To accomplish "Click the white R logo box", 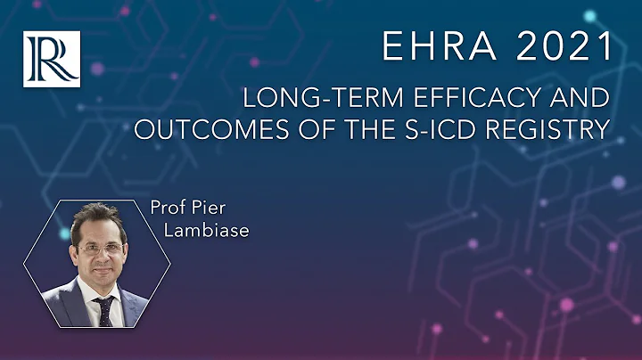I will [x=52, y=59].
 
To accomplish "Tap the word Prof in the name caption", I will [x=165, y=212].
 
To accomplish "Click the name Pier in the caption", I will [x=209, y=212].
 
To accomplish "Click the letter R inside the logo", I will [x=52, y=59].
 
